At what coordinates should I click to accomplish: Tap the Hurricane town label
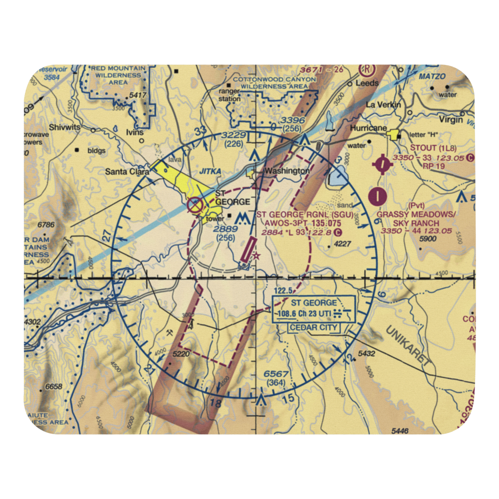369,128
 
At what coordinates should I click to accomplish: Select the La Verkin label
380,105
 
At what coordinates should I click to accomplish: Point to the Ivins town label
135,132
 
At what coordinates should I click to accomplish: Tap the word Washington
287,171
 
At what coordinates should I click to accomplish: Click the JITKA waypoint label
210,171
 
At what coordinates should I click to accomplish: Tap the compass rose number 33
201,131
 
